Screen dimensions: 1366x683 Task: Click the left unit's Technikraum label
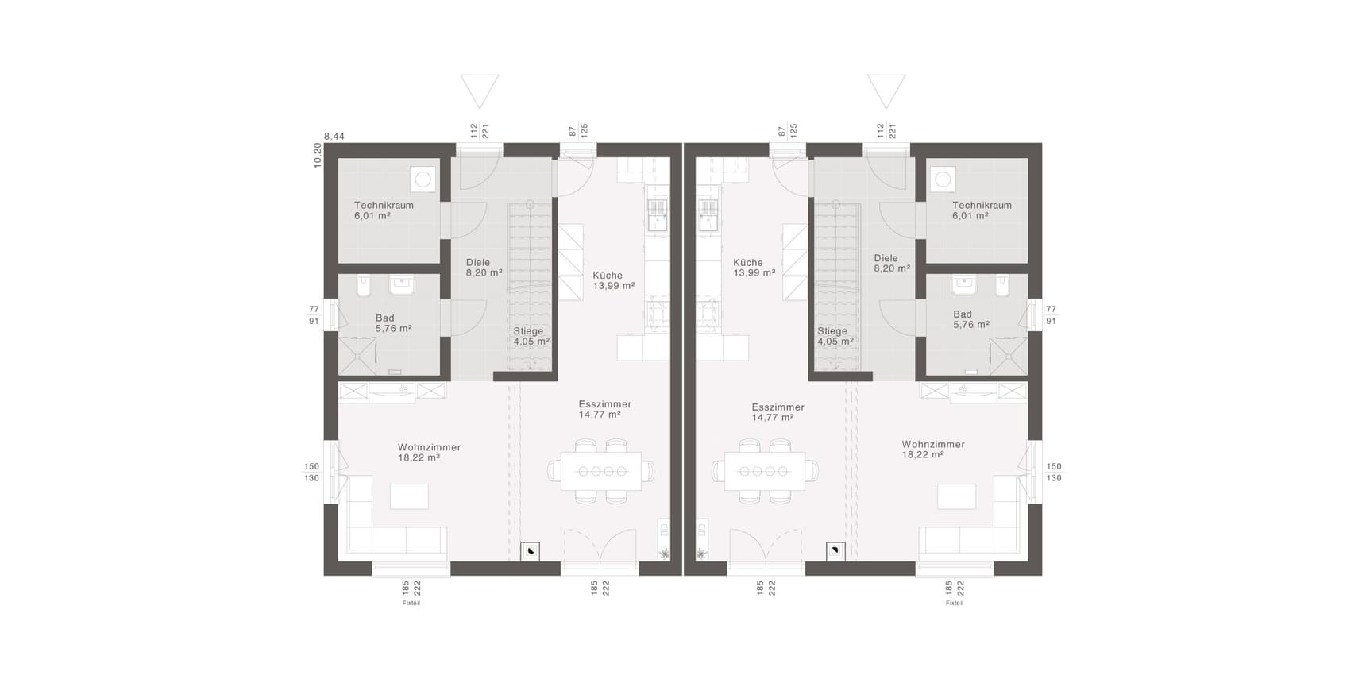pyautogui.click(x=384, y=205)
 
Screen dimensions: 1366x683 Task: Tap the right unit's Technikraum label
pyautogui.click(x=982, y=205)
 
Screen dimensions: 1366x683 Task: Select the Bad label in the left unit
pyautogui.click(x=384, y=318)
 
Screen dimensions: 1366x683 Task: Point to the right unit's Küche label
pyautogui.click(x=748, y=263)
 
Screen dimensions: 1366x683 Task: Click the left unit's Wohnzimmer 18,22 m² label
pyautogui.click(x=430, y=453)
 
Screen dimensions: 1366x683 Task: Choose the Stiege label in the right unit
pyautogui.click(x=832, y=331)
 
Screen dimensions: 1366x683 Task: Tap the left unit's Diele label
pyautogui.click(x=478, y=263)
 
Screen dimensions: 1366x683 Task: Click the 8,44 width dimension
pyautogui.click(x=334, y=137)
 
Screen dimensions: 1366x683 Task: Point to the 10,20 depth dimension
pyautogui.click(x=318, y=155)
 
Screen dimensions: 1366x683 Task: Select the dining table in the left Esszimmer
pyautogui.click(x=601, y=471)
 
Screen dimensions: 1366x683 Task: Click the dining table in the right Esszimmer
pyautogui.click(x=764, y=471)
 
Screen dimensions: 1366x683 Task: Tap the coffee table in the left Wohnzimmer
pyautogui.click(x=409, y=496)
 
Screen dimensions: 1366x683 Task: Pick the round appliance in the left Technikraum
pyautogui.click(x=423, y=179)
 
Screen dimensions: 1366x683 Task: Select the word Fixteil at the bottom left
pyautogui.click(x=411, y=604)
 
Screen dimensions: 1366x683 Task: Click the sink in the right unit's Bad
pyautogui.click(x=965, y=284)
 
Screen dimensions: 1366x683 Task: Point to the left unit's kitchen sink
pyautogui.click(x=658, y=214)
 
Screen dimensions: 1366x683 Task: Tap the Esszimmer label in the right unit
pyautogui.click(x=778, y=407)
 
